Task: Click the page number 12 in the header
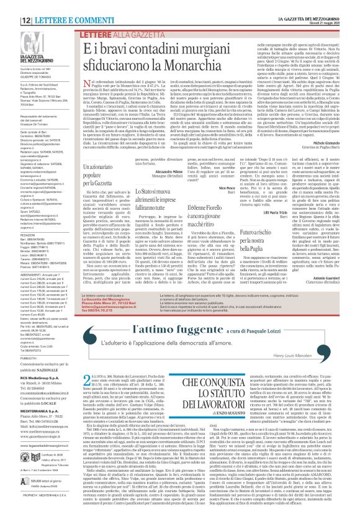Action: (11, 5)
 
